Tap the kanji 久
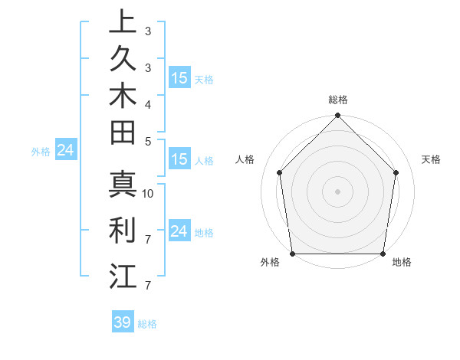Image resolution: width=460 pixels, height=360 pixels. click(x=123, y=60)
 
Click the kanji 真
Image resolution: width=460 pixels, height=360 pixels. click(x=123, y=185)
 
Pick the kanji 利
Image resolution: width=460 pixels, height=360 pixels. click(x=123, y=230)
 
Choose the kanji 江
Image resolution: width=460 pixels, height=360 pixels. click(x=123, y=275)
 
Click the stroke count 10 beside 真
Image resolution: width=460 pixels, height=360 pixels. click(x=148, y=194)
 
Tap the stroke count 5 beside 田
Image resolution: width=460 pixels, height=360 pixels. click(x=148, y=141)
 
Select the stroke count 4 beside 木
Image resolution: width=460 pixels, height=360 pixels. click(x=148, y=103)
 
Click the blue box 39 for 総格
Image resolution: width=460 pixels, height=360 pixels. click(x=122, y=322)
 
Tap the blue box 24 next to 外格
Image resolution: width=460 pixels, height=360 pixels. click(x=65, y=150)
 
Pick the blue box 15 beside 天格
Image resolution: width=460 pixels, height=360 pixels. click(x=179, y=77)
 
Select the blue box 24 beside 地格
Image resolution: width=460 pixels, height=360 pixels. click(x=179, y=231)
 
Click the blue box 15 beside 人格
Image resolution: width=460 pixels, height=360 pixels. click(x=179, y=159)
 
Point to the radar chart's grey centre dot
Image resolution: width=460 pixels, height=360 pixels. click(x=337, y=191)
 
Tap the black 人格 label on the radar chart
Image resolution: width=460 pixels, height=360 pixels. click(x=245, y=159)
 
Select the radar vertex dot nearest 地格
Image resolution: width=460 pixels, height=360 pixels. click(x=383, y=254)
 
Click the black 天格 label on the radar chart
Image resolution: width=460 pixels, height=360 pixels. click(x=432, y=159)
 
